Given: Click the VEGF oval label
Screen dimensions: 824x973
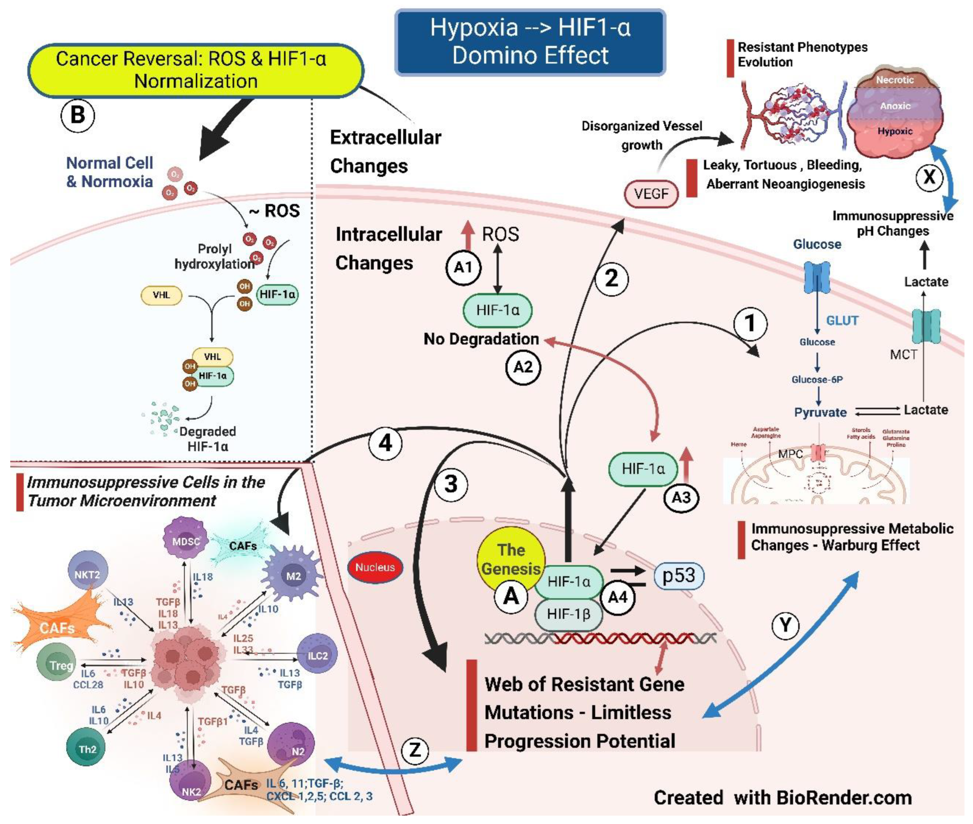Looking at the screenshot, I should tap(651, 194).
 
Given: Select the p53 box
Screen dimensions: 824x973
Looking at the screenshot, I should tap(678, 576).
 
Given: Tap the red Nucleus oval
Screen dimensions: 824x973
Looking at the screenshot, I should tap(375, 567).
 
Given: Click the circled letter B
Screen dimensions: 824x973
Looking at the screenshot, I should tap(77, 115).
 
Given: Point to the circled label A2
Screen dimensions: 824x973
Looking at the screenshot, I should tap(523, 367).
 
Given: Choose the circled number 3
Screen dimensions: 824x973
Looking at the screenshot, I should tap(451, 484).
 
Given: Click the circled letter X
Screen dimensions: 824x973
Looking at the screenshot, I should tap(929, 177).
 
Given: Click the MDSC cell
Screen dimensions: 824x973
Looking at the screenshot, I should tap(186, 541).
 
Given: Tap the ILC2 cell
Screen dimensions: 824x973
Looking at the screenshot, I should tap(317, 655).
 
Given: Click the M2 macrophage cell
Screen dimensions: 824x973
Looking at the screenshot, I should tap(293, 576).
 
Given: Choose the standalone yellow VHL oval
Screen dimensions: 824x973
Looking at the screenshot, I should tap(161, 295).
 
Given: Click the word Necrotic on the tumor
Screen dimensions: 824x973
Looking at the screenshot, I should tap(894, 80).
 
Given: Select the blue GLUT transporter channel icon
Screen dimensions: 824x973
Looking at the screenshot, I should tap(816, 277).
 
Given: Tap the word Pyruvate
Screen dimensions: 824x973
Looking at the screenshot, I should tap(820, 413).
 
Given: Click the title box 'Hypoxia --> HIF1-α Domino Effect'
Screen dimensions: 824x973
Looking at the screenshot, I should tap(530, 42).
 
